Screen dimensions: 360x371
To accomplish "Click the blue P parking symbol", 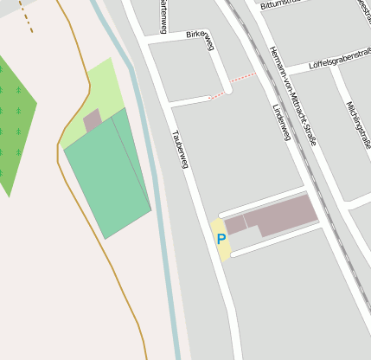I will pos(221,239).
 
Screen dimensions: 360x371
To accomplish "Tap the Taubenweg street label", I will pos(179,148).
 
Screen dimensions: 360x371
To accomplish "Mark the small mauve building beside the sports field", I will pos(93,121).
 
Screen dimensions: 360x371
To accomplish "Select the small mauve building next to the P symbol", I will pos(235,224).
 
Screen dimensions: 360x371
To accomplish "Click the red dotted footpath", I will pos(233,85).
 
